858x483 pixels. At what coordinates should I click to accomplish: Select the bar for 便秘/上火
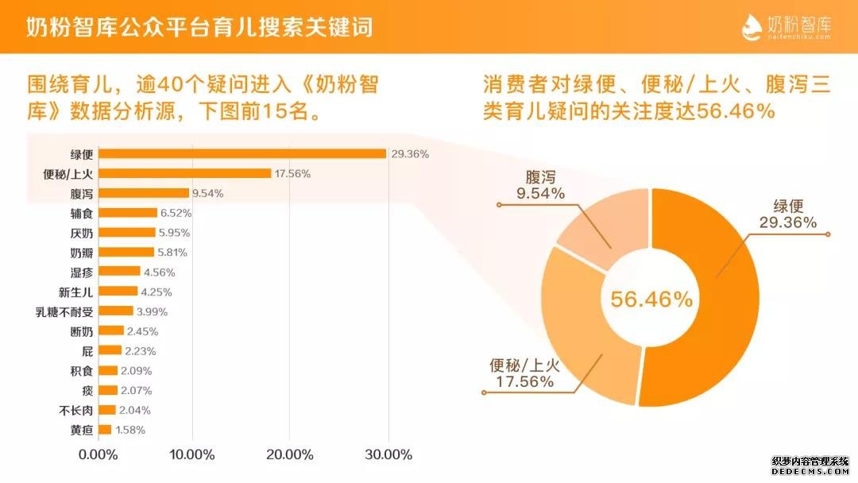coord(184,173)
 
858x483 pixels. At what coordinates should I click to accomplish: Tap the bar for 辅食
coord(127,213)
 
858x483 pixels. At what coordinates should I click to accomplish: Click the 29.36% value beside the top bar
coord(410,154)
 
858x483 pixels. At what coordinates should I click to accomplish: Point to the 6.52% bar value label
coord(176,213)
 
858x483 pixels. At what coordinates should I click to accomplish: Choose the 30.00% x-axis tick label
coord(389,455)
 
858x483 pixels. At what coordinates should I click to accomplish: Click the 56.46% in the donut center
coord(651,299)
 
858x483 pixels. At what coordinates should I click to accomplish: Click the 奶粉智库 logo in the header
coord(786,26)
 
